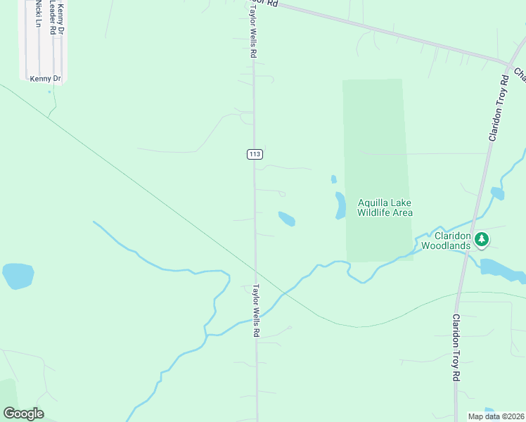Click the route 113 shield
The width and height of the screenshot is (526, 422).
(254, 154)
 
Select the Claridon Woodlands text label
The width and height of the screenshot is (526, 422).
(451, 241)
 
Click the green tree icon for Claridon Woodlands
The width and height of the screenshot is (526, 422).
(482, 240)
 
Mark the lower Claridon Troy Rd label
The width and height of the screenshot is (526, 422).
(456, 347)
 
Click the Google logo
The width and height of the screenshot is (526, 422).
(23, 414)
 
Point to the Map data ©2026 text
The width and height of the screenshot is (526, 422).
(496, 416)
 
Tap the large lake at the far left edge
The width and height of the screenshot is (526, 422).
(18, 275)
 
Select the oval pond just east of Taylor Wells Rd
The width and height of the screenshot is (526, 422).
(287, 219)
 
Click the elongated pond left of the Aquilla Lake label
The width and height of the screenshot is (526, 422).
(340, 205)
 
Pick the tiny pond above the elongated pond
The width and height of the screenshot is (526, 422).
(333, 179)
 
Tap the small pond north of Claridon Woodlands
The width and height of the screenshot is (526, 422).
(497, 193)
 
